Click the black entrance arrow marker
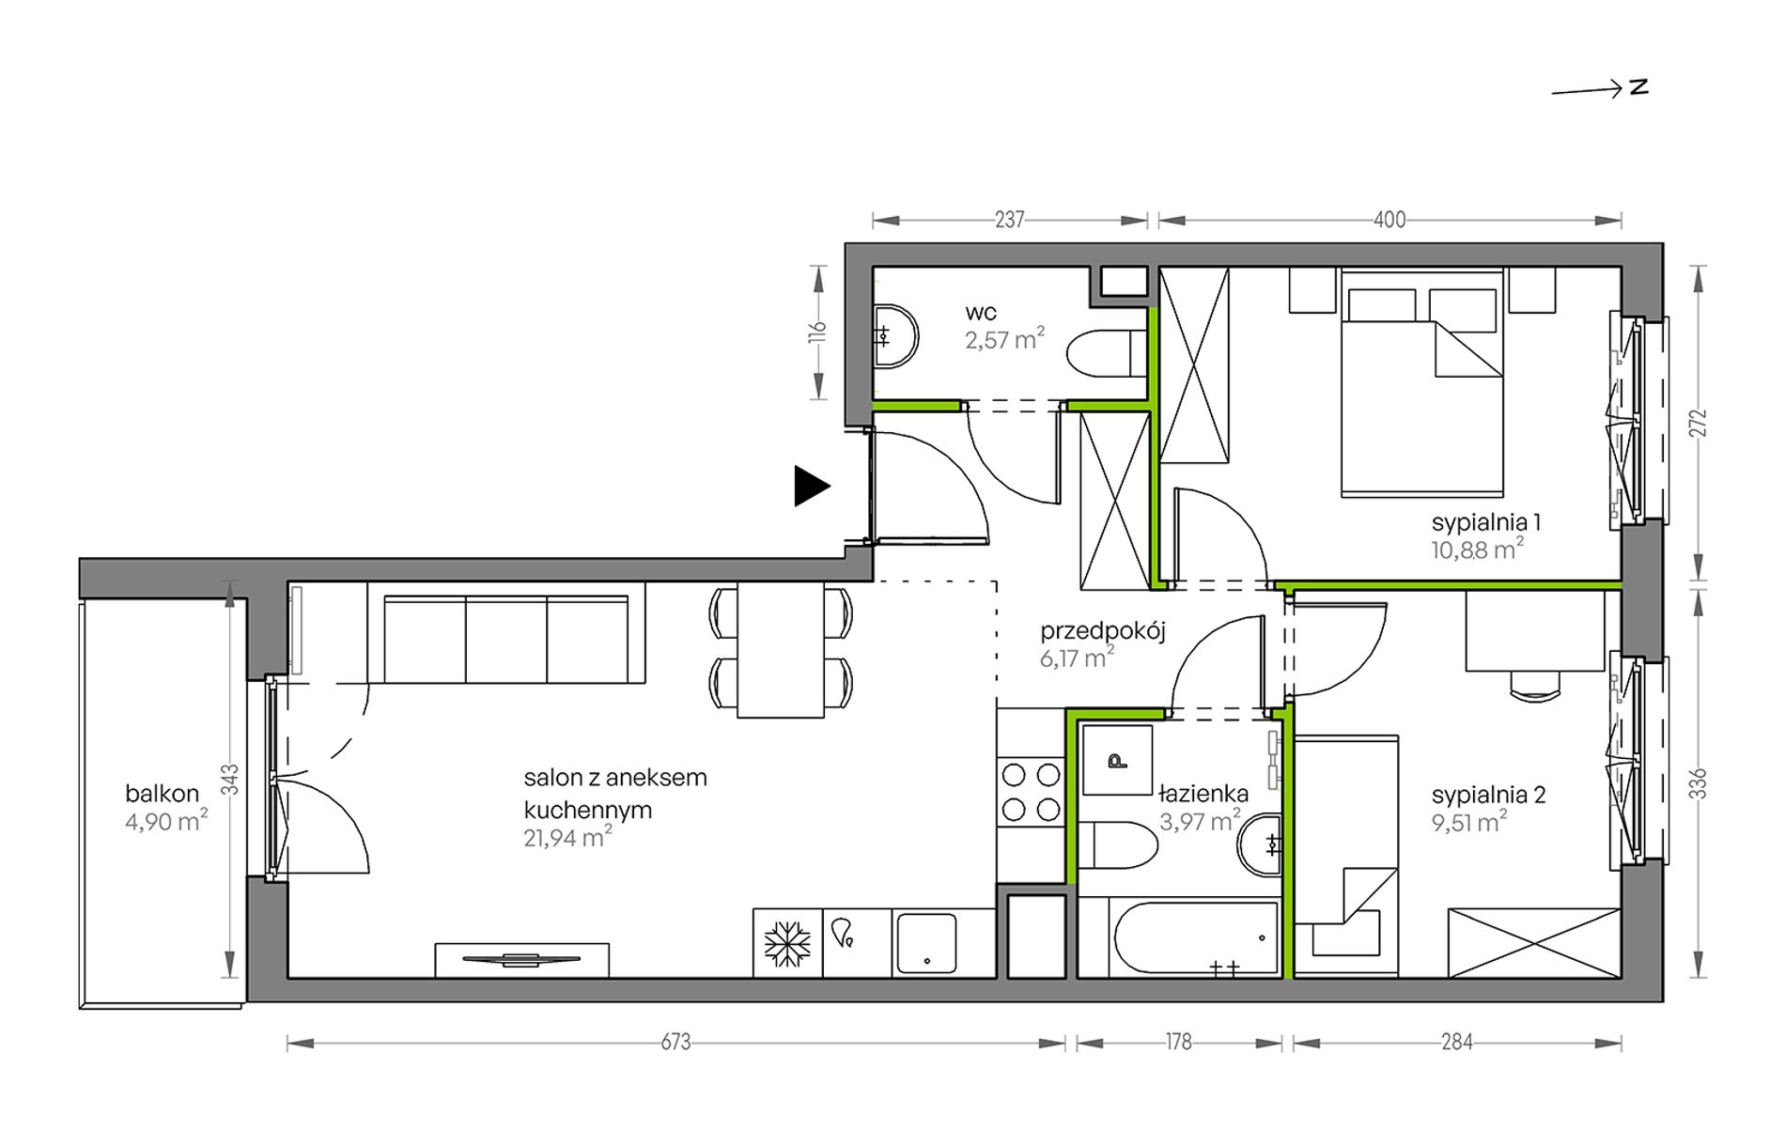811,487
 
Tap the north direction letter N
1639,87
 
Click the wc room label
981,312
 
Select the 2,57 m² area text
1004,339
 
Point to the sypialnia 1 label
1486,522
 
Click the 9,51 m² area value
1469,823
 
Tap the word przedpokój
1103,631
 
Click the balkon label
162,794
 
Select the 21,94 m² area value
567,837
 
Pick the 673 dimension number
675,1043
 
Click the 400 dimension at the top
1389,221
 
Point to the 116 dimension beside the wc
817,333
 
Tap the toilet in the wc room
1108,353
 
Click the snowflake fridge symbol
787,943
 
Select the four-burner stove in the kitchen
1031,791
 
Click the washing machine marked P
1117,760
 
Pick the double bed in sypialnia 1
1421,383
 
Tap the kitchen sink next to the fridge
925,942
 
